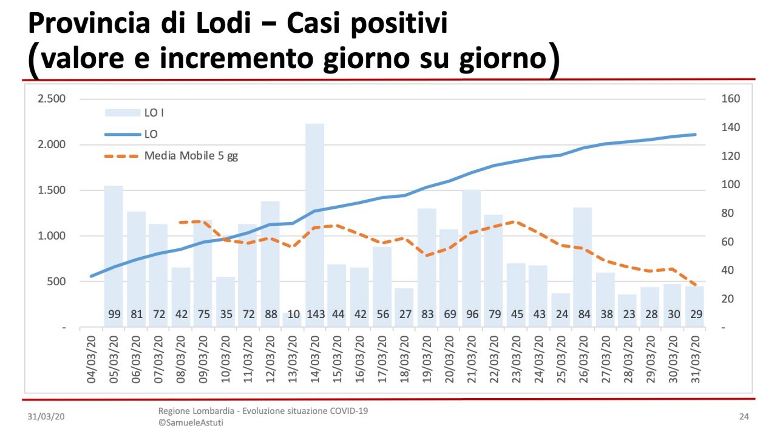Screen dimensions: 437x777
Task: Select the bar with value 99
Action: (114, 255)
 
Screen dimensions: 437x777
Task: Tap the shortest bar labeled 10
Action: (292, 319)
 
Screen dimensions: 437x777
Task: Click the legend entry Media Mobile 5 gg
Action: (191, 156)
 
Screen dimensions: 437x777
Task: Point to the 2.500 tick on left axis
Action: (52, 99)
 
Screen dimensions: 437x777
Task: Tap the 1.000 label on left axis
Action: (52, 236)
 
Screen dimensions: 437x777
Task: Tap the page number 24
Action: (744, 417)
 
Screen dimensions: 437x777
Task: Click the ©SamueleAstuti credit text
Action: (191, 422)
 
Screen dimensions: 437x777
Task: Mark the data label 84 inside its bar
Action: (583, 314)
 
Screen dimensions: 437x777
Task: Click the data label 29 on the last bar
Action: (694, 314)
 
